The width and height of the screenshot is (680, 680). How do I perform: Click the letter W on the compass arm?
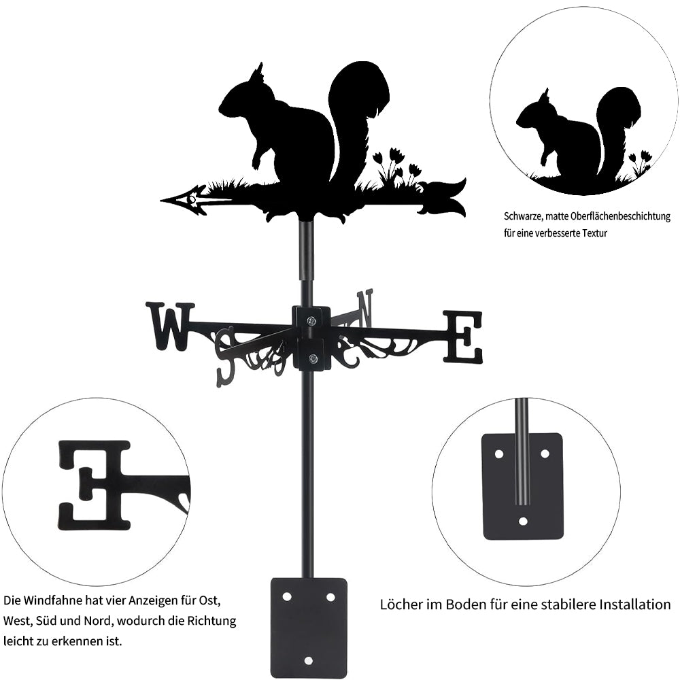(167, 326)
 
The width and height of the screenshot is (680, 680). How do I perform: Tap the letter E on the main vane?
(463, 336)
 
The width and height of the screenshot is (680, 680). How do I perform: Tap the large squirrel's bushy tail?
(357, 109)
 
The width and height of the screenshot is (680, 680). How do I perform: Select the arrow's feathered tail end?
(445, 197)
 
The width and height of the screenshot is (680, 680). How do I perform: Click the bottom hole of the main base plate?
(309, 660)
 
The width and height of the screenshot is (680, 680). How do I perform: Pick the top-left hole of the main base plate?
(286, 596)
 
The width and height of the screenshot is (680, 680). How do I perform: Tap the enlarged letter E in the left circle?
(95, 485)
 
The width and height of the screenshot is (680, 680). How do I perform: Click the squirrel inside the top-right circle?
(578, 136)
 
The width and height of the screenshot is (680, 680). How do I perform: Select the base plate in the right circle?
(522, 486)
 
